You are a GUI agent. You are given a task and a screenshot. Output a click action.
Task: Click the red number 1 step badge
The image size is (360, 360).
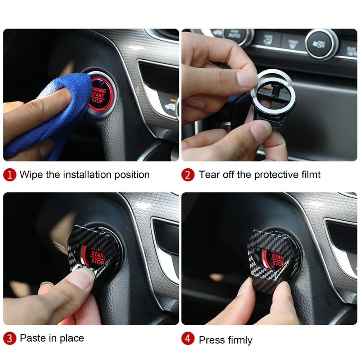coord(10,175)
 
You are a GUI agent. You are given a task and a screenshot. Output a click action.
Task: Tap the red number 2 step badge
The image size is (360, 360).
coord(188,175)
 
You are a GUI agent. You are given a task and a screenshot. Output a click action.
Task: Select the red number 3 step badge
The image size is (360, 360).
coord(10,338)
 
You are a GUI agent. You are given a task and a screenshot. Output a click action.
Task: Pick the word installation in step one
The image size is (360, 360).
coord(87,175)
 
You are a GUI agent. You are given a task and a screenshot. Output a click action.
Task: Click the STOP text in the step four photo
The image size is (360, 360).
coord(278,263)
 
